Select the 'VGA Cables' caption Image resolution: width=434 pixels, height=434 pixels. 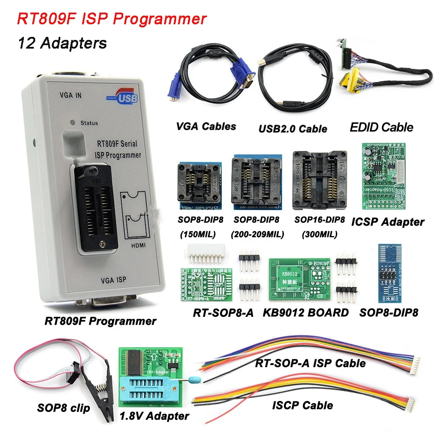pos(206,127)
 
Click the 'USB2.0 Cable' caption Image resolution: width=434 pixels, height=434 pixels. pos(293,128)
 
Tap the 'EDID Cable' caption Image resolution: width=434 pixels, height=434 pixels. pos(381,127)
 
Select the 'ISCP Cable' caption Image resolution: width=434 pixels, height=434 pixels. pos(302,406)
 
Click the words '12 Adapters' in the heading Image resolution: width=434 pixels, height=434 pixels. pos(62,43)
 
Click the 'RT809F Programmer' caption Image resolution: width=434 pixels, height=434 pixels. pos(100,322)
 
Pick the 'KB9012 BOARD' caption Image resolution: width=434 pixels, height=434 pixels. pos(306,312)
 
